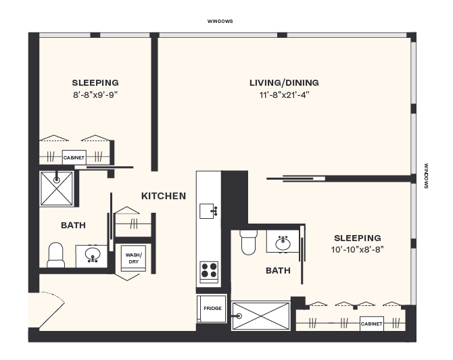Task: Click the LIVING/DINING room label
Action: coord(284,83)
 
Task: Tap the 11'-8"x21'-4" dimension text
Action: coord(284,95)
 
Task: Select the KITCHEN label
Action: coord(164,196)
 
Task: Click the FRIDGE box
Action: coord(212,309)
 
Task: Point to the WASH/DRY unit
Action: coord(133,258)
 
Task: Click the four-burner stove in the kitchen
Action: coord(209,270)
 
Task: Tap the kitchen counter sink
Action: coord(209,211)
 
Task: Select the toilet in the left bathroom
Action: coord(55,255)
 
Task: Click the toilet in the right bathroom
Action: coord(248,242)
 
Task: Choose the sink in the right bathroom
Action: coord(283,241)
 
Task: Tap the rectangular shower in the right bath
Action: coord(260,315)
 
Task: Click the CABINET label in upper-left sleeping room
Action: coord(74,157)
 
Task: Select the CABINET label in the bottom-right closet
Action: coord(371,324)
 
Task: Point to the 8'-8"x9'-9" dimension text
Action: coord(95,95)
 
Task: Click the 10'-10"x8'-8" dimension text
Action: coord(358,249)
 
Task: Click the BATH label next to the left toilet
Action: coord(73,225)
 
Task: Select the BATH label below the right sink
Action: coord(278,270)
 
